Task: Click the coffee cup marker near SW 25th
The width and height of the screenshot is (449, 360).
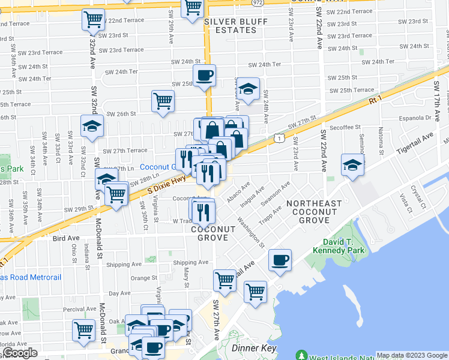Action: coord(205,76)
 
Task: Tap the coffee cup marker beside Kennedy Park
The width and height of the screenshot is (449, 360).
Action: coord(280,260)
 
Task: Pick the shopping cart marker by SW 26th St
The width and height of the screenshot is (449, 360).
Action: coord(163,101)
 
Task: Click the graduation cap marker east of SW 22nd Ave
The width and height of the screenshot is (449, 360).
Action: coord(352,165)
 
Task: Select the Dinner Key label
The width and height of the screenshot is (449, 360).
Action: coord(253,348)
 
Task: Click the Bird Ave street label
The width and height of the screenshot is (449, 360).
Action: coord(66,238)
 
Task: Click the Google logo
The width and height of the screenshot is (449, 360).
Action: coord(19,353)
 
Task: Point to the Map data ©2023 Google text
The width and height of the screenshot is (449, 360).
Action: coord(412,355)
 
